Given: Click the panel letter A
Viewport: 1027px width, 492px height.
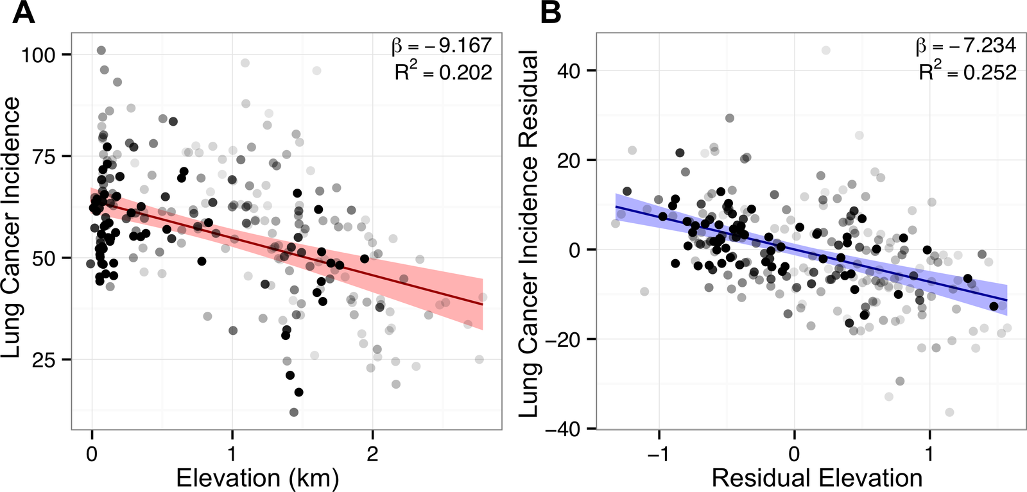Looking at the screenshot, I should (x=23, y=13).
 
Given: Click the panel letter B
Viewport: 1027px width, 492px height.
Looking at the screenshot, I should (x=551, y=13).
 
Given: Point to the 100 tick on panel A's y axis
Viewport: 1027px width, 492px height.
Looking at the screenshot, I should (x=39, y=55).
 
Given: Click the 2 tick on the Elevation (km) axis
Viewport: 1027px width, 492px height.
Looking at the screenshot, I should (x=372, y=454).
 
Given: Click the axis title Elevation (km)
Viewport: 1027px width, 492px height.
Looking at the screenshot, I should (x=257, y=479).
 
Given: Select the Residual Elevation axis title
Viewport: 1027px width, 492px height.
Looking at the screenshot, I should (x=817, y=479).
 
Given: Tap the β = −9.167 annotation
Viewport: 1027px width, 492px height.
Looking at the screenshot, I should (x=442, y=46).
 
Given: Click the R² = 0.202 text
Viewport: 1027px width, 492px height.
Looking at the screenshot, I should (x=443, y=72).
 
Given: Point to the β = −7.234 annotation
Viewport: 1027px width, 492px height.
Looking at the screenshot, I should (x=966, y=46).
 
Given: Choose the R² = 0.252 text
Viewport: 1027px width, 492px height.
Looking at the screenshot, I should (x=967, y=72).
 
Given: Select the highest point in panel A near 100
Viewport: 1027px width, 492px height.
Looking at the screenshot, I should (x=101, y=51).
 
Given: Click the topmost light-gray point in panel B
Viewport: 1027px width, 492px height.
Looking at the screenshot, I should (x=826, y=50).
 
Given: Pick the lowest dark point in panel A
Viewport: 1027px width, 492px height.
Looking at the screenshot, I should (x=294, y=412).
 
